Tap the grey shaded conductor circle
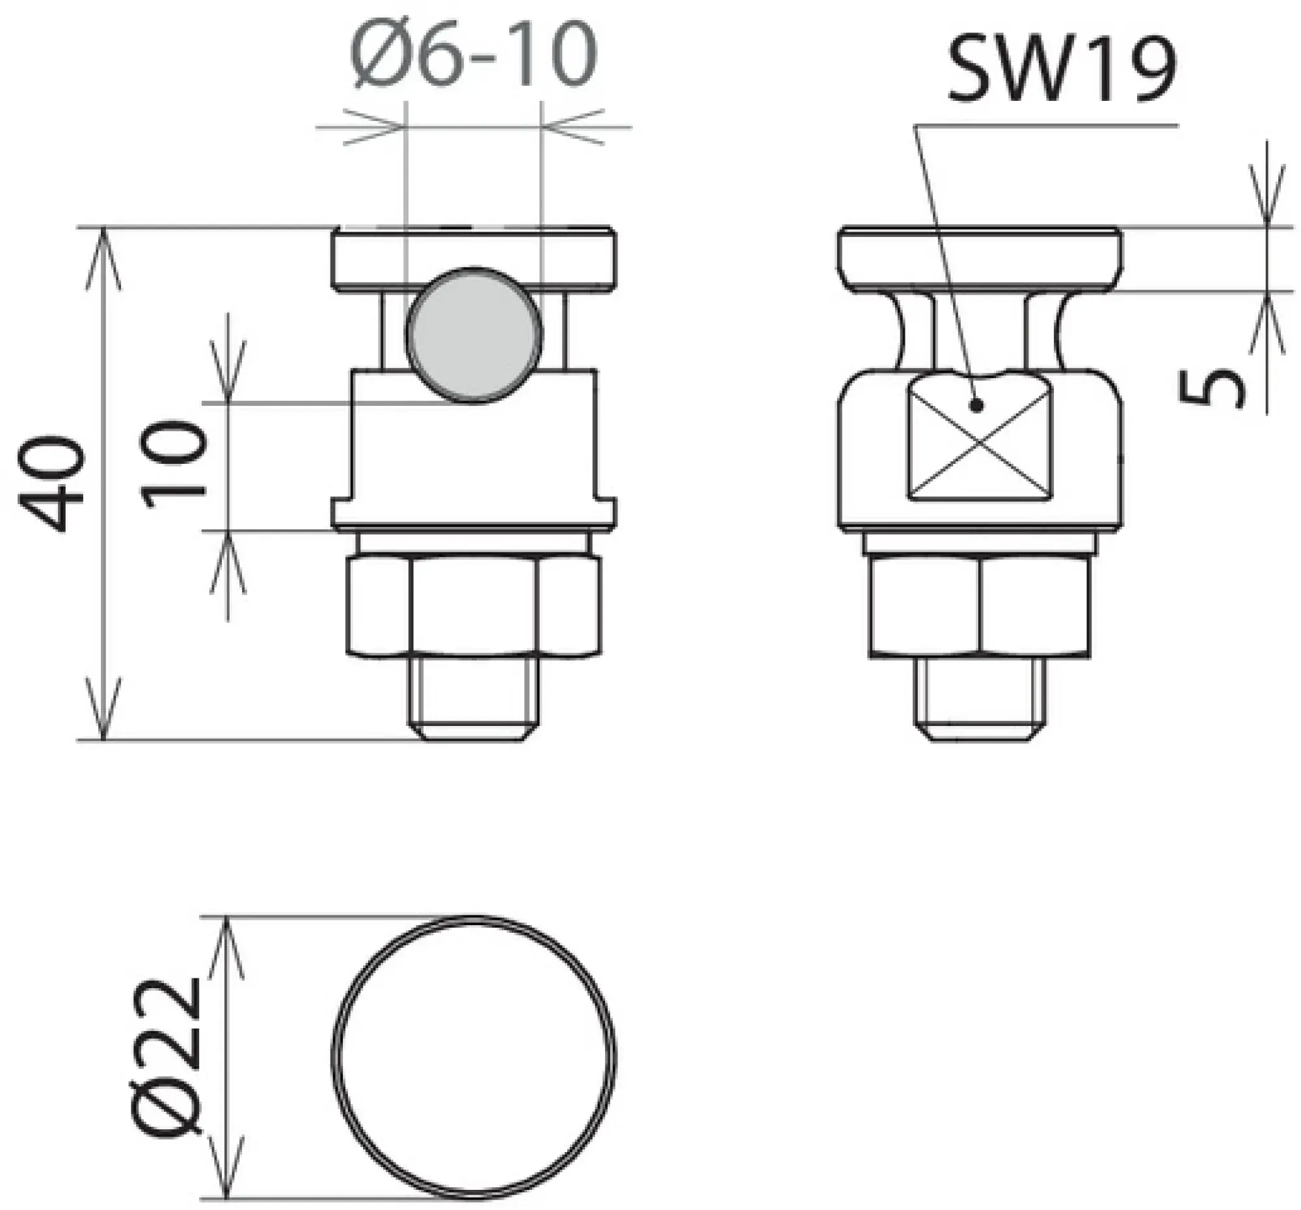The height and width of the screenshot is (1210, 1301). [474, 334]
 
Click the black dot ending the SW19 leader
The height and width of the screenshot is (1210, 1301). [977, 407]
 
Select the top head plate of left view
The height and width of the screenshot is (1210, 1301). [474, 257]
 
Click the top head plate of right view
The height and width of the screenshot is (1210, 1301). [980, 257]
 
